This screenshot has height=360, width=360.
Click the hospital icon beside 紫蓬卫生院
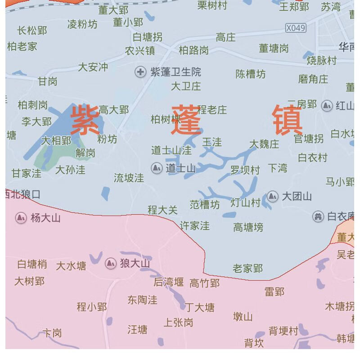pos(141,72)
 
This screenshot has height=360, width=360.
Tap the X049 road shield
pos(296,28)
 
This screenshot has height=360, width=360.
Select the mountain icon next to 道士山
pos(157,168)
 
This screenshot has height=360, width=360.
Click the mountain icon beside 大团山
pos(272,196)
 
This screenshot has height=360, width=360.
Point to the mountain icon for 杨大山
pos(21,218)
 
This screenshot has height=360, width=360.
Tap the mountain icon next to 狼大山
pos(111,263)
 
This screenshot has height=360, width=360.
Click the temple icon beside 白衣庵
pos(318,216)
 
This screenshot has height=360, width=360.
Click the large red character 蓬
pos(186,120)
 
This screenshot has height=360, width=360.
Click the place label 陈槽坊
pos(251,74)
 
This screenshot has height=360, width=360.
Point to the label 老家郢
pos(247,269)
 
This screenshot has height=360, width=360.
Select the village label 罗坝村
pos(245,170)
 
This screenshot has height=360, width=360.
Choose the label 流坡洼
pos(129,178)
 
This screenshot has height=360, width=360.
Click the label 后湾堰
pos(169,282)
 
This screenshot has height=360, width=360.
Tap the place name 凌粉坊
pos(82,24)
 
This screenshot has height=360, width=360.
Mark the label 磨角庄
pos(313,79)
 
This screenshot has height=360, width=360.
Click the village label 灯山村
pos(246,202)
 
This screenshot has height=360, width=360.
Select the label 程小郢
pos(92,307)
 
